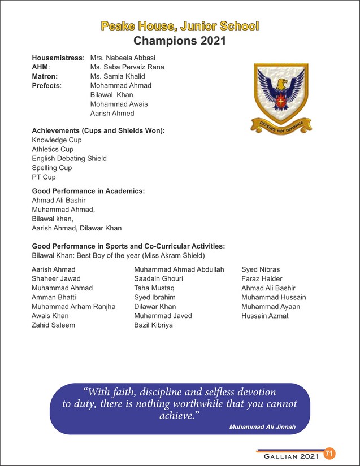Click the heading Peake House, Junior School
click(x=180, y=26)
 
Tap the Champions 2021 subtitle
click(x=180, y=41)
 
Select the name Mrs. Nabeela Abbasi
click(x=123, y=58)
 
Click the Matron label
click(x=45, y=76)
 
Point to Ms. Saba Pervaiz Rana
click(x=127, y=67)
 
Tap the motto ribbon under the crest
click(x=281, y=126)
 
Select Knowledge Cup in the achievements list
click(x=57, y=140)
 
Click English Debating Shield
click(x=69, y=159)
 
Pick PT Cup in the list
click(x=44, y=177)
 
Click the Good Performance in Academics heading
click(x=88, y=191)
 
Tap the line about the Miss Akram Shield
click(x=118, y=255)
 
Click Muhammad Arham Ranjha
click(x=73, y=307)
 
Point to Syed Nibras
click(x=261, y=270)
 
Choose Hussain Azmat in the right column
click(x=264, y=316)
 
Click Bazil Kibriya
click(x=154, y=325)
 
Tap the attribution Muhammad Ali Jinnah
click(x=262, y=426)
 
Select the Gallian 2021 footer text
click(x=289, y=455)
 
